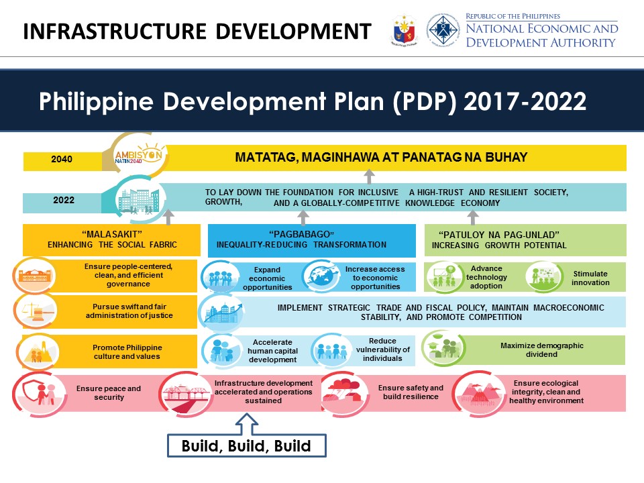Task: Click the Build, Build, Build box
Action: tap(246, 446)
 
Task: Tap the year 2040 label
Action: tap(62, 160)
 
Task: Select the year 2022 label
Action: tap(64, 201)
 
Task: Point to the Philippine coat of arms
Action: tap(403, 30)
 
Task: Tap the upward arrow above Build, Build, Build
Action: tap(246, 423)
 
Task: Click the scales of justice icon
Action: tap(36, 311)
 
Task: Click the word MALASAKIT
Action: tap(112, 235)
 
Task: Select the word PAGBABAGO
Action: tap(301, 235)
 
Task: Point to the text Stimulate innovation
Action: tap(590, 278)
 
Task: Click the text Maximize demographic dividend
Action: tap(542, 350)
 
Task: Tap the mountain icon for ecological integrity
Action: tap(479, 392)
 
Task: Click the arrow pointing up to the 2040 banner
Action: tap(369, 176)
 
